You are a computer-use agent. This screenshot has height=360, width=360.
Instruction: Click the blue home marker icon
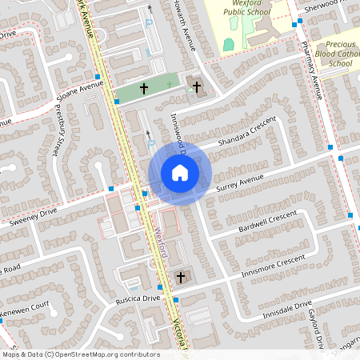click(179, 173)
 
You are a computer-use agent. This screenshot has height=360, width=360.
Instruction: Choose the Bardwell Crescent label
click(267, 222)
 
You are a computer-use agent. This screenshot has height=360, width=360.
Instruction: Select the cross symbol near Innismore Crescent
click(180, 277)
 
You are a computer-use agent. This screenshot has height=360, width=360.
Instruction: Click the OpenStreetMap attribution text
click(80, 354)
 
